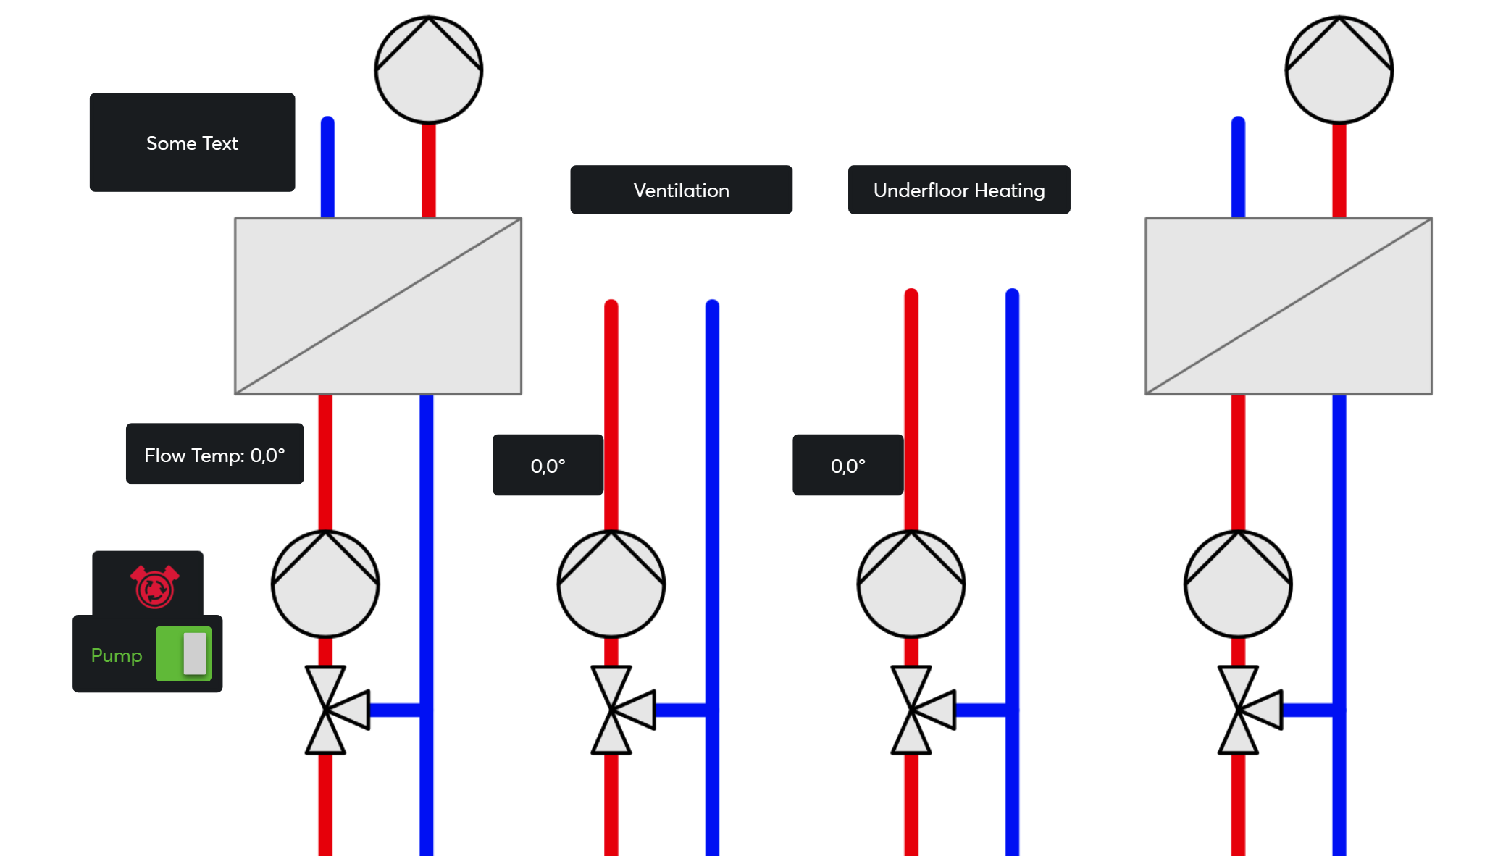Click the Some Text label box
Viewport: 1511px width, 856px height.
coord(192,143)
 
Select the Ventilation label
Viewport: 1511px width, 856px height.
coord(681,190)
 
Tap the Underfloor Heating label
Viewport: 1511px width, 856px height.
coord(958,190)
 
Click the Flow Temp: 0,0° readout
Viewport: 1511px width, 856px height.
coord(214,454)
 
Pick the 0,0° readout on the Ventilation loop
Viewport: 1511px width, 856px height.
coord(548,465)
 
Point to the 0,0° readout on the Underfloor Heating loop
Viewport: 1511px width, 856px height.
coord(847,465)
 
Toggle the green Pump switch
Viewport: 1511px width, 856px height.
coord(184,654)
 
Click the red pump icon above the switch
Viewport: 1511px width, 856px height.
coord(154,586)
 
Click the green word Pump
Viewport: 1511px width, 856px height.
coord(117,655)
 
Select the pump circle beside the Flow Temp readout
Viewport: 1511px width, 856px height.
coord(325,584)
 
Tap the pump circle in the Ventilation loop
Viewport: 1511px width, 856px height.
coord(611,584)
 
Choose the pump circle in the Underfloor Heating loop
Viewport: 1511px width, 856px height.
coord(911,584)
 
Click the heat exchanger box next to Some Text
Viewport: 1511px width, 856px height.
coord(378,306)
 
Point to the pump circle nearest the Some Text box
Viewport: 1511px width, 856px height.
coord(429,70)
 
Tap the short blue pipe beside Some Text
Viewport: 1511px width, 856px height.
coord(327,167)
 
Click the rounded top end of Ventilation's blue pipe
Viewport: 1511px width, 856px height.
coord(712,306)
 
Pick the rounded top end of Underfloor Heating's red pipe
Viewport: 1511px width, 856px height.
coord(911,295)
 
